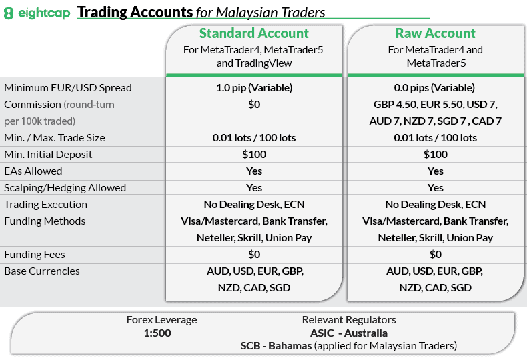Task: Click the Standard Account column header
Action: [254, 33]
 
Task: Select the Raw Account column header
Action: [436, 33]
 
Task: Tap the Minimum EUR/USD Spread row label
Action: [68, 88]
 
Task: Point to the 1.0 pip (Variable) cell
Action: [254, 88]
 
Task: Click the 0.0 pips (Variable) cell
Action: [436, 88]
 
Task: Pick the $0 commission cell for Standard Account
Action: [254, 105]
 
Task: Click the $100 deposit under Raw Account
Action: [436, 155]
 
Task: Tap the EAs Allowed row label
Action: [33, 171]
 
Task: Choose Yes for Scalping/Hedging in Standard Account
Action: [254, 188]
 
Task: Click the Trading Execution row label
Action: [45, 205]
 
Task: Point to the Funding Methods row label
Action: [45, 221]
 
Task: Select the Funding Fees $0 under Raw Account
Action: [436, 255]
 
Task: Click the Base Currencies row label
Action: [42, 271]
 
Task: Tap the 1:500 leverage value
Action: [157, 333]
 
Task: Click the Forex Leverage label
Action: [161, 320]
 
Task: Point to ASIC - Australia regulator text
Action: [349, 333]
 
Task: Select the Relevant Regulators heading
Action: [349, 320]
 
